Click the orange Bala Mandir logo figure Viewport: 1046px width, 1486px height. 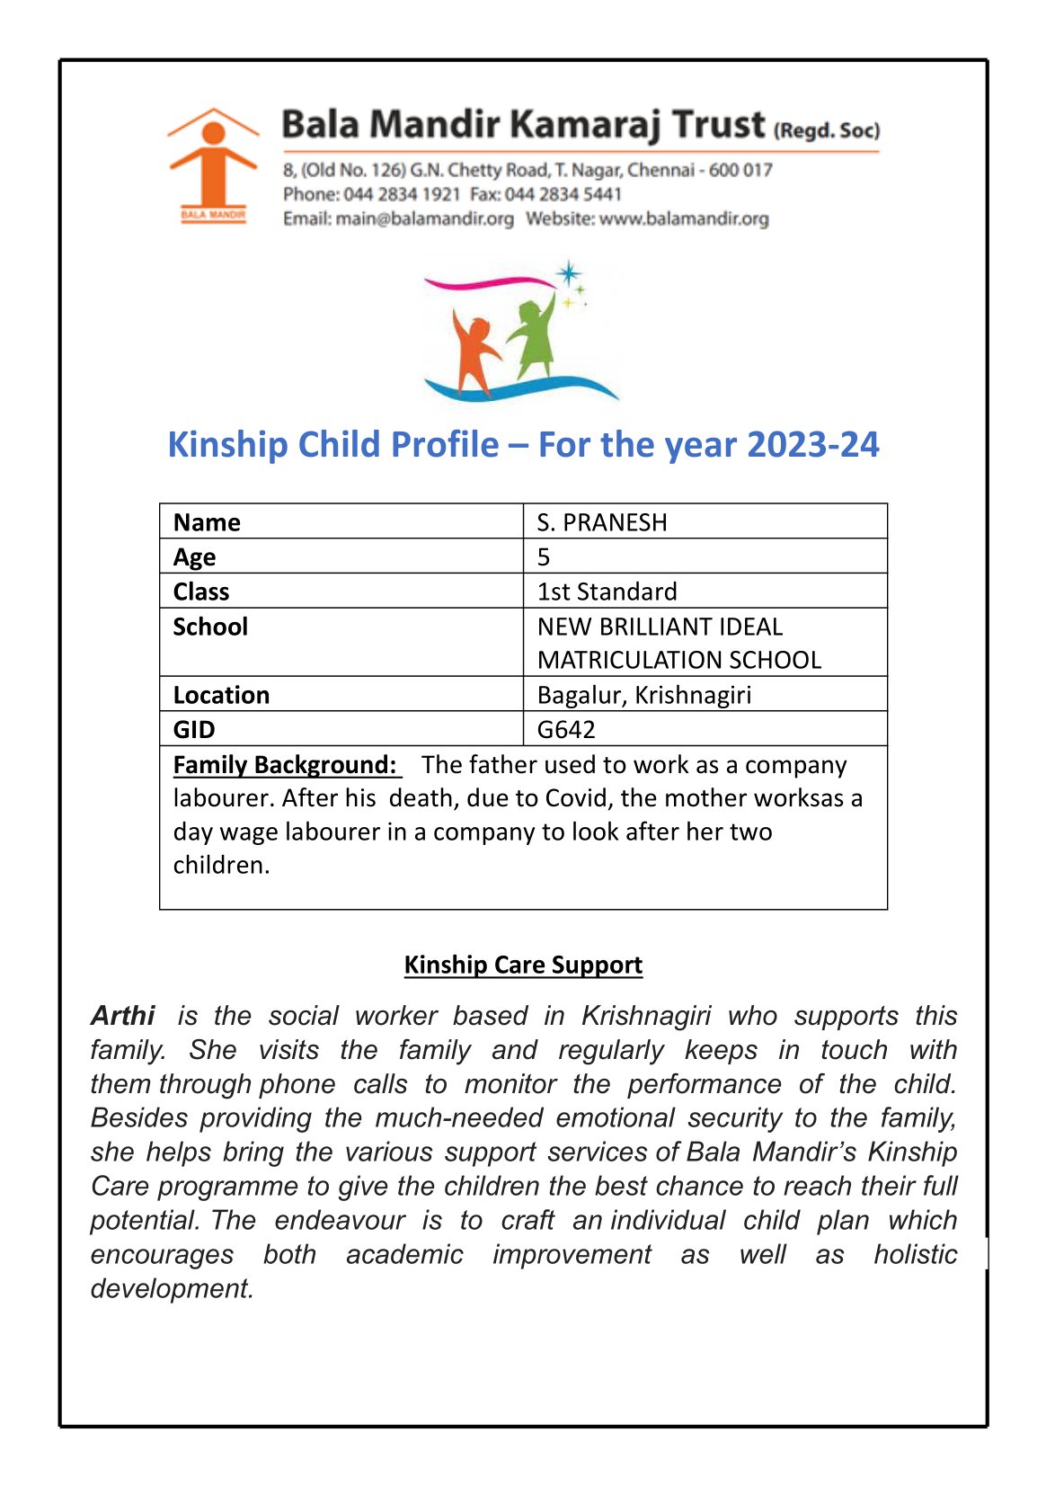213,162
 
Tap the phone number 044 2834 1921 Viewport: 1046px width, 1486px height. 402,194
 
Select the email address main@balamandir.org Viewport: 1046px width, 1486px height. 424,218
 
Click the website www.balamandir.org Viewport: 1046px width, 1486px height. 684,218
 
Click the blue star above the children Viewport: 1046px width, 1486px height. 568,272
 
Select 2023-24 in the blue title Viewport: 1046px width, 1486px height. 812,444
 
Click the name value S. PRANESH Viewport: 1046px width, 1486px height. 602,522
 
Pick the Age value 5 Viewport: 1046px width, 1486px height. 544,556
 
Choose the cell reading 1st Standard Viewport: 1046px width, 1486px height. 607,592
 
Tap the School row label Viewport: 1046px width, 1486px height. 210,627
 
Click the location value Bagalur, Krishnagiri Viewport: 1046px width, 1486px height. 643,695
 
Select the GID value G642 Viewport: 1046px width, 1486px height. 566,729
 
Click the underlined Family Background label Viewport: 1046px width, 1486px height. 285,764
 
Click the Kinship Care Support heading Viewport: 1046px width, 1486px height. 523,965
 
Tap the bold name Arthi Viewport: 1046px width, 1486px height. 123,1016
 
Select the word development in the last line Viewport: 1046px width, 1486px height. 172,1288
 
